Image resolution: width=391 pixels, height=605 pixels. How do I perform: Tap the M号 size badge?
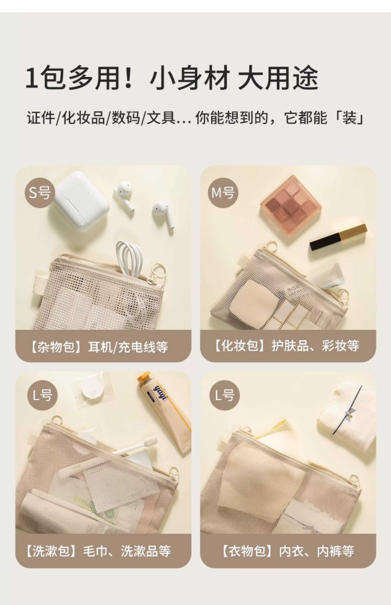(x=223, y=193)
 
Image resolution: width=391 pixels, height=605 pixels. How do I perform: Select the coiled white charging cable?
(x=129, y=259)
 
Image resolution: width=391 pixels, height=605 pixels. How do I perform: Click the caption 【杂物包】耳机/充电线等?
(x=99, y=347)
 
